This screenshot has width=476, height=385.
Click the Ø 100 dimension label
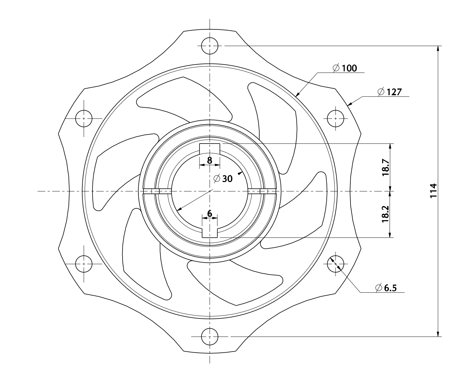point(345,68)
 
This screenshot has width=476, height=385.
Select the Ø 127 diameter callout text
point(390,92)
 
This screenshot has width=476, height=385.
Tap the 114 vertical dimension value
point(433,191)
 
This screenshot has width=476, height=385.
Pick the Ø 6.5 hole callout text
point(386,288)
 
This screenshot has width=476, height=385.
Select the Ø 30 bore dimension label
point(223,179)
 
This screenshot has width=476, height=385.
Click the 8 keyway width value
point(210,160)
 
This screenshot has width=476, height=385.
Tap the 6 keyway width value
point(210,213)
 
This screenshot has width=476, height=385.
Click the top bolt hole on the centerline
point(210,46)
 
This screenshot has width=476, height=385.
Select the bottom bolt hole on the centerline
point(210,336)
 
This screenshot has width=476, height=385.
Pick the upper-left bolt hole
point(84,119)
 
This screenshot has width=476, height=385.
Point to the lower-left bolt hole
point(84,264)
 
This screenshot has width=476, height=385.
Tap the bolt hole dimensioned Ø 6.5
point(336,264)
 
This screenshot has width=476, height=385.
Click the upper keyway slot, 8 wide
point(210,149)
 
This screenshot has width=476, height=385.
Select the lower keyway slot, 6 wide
point(210,233)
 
